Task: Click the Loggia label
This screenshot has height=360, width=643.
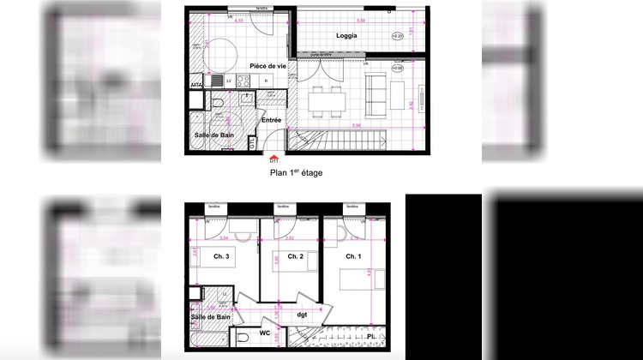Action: point(346,35)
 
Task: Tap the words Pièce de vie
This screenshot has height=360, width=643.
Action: point(268,66)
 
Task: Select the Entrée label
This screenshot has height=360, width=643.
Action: point(272,120)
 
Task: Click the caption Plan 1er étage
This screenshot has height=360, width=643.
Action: point(297,172)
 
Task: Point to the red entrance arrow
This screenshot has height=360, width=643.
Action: point(273,156)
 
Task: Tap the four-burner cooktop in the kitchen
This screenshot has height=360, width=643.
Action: point(243,82)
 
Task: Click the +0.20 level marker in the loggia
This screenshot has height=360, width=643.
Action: point(397,36)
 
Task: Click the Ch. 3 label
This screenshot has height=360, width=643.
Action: point(221,256)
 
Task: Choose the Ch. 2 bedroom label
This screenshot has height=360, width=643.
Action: point(296,256)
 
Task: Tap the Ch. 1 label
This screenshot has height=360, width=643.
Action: point(353,256)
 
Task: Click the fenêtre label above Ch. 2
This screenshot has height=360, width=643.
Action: point(281,207)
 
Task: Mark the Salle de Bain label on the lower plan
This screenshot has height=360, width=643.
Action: point(210,318)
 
